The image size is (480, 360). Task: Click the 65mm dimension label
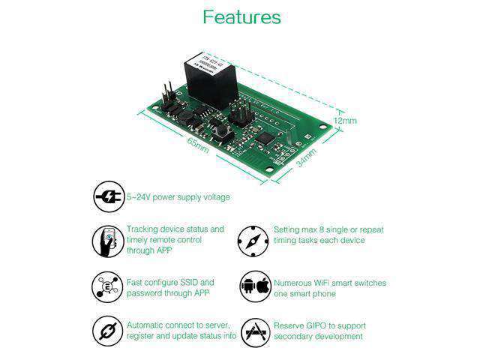click(x=199, y=147)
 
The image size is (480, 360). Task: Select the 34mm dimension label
click(x=306, y=157)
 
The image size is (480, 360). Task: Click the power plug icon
click(x=108, y=197)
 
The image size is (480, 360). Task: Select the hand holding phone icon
click(x=108, y=241)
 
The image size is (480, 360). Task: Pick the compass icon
click(x=253, y=241)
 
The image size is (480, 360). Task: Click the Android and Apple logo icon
click(x=254, y=287)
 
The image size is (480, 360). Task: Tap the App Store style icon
click(x=254, y=331)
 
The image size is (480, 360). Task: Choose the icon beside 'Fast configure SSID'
click(x=108, y=287)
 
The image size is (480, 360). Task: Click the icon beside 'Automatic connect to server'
click(x=108, y=331)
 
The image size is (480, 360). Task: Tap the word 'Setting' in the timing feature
click(x=286, y=229)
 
